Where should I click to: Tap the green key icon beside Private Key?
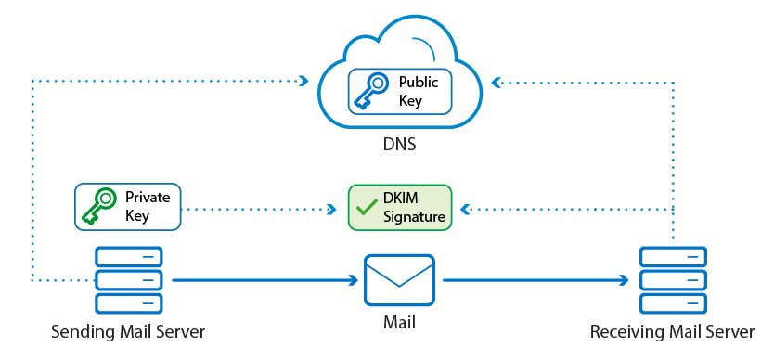98,206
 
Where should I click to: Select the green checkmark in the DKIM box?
367,208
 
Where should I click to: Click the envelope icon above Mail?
399,280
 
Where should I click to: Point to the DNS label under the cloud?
399,145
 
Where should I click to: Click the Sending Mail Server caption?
128,331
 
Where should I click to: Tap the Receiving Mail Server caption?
672,331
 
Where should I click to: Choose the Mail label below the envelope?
399,323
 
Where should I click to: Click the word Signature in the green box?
414,216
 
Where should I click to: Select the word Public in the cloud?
419,82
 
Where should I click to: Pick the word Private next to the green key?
148,198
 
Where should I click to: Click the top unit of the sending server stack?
129,257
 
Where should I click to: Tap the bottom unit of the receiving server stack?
673,303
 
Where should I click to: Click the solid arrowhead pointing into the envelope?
353,280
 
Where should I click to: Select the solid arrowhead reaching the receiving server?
624,280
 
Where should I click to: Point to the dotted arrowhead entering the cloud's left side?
303,80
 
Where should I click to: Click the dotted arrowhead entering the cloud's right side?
497,83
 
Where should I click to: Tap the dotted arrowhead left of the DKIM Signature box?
331,210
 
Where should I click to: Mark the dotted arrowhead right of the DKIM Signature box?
466,210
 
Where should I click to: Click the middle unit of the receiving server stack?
673,280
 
